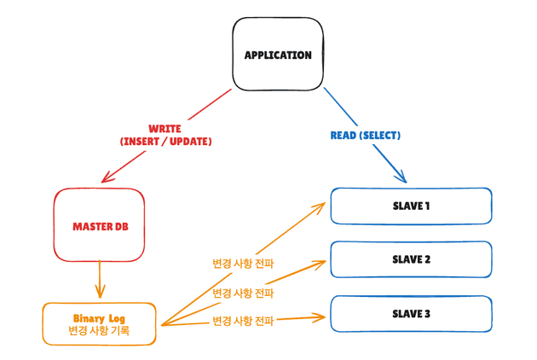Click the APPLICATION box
pos(278,55)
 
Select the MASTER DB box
pos(99,225)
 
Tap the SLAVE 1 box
pos(411,206)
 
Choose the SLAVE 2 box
pos(411,259)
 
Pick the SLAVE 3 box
pos(411,313)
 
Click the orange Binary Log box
pos(99,323)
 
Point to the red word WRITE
pos(165,129)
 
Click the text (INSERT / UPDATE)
pos(165,142)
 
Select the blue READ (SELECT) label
pos(365,136)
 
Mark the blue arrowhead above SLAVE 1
pos(401,177)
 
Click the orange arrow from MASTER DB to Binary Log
pos(100,281)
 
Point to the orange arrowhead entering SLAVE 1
pos(323,205)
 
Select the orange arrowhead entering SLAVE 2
pos(323,260)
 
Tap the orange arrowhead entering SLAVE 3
pos(323,317)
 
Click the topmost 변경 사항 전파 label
pos(243,264)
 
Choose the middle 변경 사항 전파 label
pos(243,293)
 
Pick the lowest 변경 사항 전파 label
pos(243,322)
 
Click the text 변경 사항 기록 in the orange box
pos(99,331)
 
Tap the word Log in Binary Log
pos(118,316)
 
